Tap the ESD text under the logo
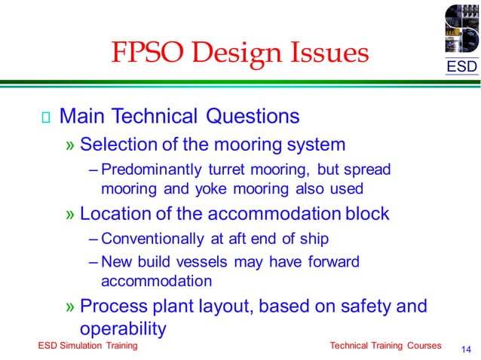coord(461,67)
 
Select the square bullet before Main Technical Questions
coord(45,117)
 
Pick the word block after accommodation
coord(364,214)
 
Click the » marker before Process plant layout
coord(70,307)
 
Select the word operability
coord(122,328)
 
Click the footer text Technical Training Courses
coord(385,346)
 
